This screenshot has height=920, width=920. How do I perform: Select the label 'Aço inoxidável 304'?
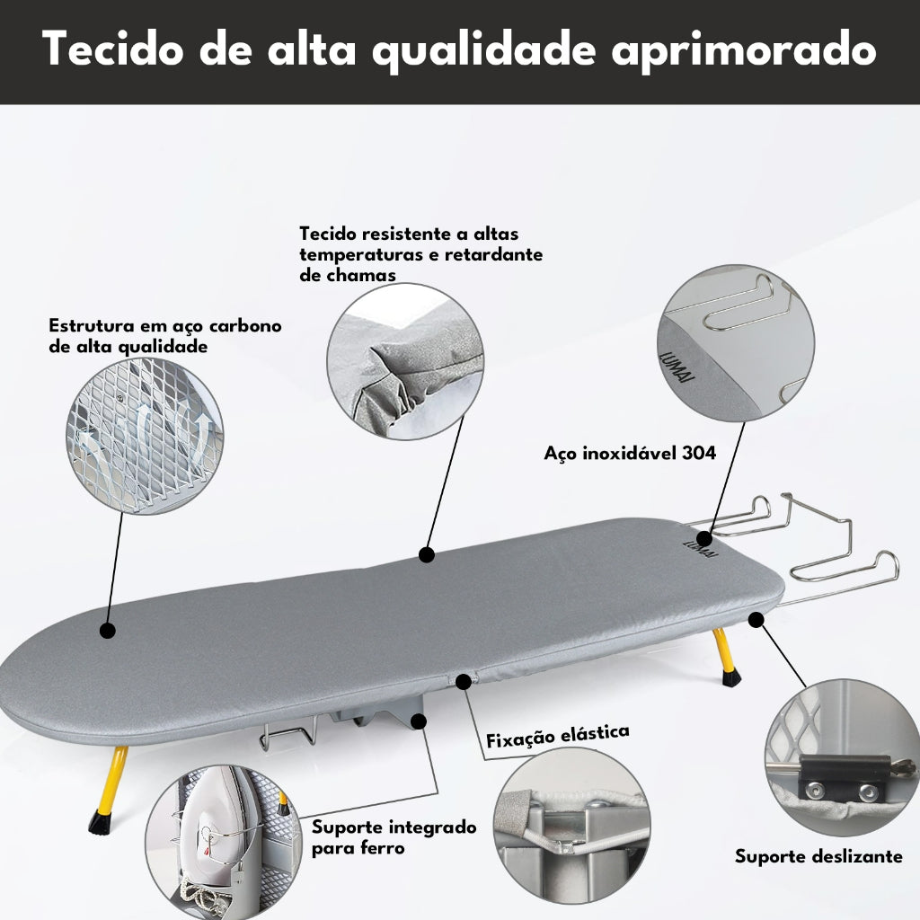[x=630, y=453]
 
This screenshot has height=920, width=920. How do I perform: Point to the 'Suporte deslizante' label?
[x=818, y=856]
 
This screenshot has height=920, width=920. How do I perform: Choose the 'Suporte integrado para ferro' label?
[x=394, y=837]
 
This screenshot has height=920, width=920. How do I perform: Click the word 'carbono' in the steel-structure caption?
[x=245, y=325]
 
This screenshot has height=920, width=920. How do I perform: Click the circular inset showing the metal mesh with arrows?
[x=145, y=437]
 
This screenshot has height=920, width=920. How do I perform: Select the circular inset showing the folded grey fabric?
[x=405, y=361]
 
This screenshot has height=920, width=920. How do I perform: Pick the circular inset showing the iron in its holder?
[x=224, y=843]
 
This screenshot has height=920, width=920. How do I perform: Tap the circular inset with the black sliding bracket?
[x=843, y=756]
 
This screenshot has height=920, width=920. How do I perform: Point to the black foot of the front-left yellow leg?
[x=100, y=821]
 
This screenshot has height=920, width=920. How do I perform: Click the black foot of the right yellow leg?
[x=731, y=678]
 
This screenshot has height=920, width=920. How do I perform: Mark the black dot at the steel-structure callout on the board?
[x=108, y=631]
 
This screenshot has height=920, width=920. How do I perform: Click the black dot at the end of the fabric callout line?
[x=427, y=554]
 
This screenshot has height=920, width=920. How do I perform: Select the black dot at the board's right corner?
[x=756, y=619]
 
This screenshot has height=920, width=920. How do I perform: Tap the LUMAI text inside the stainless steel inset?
[x=677, y=367]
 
